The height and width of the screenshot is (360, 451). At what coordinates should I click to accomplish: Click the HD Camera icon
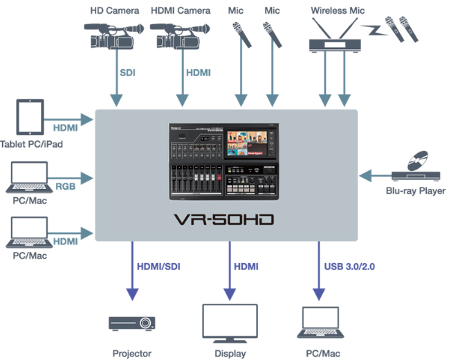point(110,36)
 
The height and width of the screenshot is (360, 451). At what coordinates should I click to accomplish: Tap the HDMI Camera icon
point(176,36)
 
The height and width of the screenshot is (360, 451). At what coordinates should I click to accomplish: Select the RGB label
point(66,185)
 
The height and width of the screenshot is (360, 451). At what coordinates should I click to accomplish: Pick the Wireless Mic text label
point(337,10)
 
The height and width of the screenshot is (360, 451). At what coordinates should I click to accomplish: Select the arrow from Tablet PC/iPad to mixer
point(69,118)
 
